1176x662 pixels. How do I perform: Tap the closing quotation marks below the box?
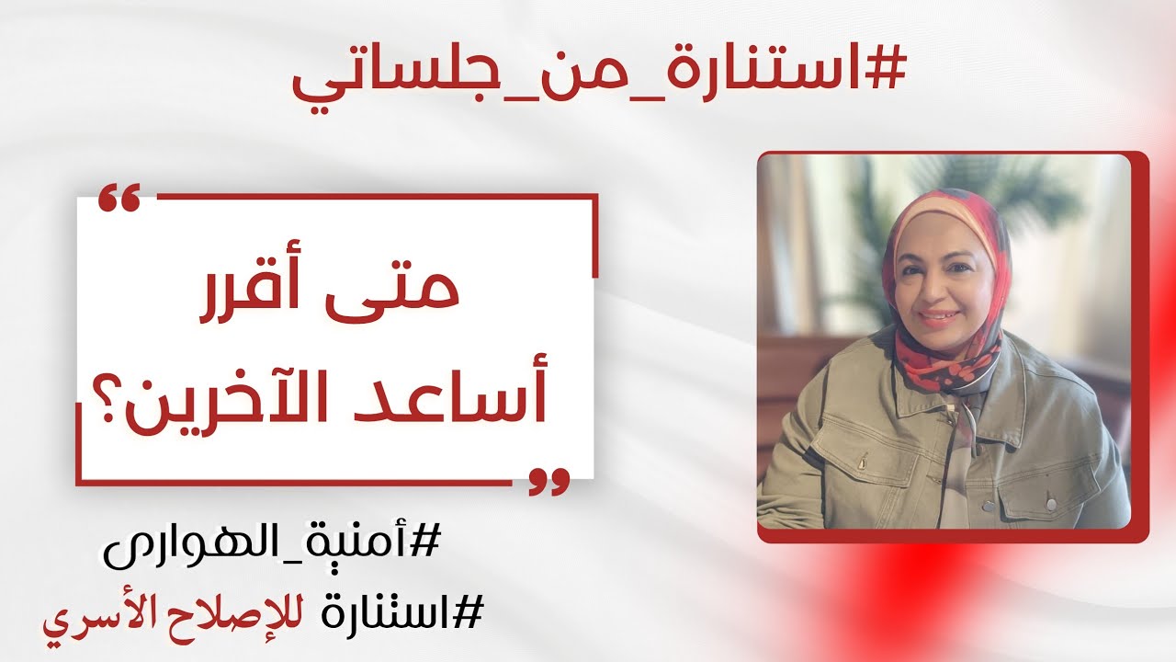tap(548, 481)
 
